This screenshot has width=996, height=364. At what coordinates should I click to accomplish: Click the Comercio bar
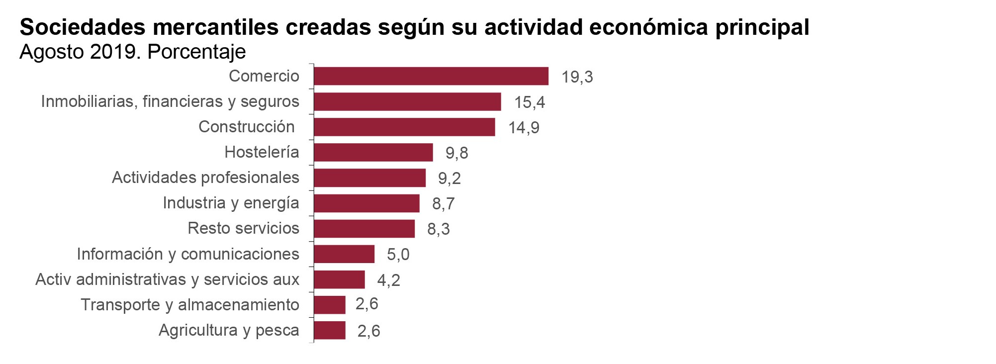(431, 76)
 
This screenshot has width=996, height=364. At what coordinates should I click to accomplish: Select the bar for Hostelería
(373, 152)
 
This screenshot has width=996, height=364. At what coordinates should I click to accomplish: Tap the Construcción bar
(404, 127)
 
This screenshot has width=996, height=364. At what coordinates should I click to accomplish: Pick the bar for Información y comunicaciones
(344, 254)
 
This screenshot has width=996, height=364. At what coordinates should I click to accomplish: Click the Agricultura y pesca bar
(329, 330)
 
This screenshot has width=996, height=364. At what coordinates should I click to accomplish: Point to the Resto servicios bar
(364, 229)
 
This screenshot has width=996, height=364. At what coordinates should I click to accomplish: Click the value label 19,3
(577, 77)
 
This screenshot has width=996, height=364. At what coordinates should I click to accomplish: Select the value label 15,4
(529, 102)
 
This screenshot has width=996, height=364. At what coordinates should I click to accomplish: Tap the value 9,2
(449, 178)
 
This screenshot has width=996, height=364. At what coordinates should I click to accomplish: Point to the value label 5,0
(398, 255)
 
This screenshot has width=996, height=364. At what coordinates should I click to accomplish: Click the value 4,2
(388, 280)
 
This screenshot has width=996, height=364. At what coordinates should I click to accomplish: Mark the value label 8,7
(443, 203)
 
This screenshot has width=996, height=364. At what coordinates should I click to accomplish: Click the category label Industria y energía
(231, 203)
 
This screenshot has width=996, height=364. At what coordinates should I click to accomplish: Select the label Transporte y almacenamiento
(190, 304)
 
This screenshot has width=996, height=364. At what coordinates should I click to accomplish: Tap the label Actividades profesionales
(205, 178)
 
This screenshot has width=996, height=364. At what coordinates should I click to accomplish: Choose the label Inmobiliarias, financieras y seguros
(170, 101)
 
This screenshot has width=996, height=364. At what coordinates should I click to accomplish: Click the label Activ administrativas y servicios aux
(167, 279)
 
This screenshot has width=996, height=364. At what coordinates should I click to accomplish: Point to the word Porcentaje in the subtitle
(196, 52)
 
